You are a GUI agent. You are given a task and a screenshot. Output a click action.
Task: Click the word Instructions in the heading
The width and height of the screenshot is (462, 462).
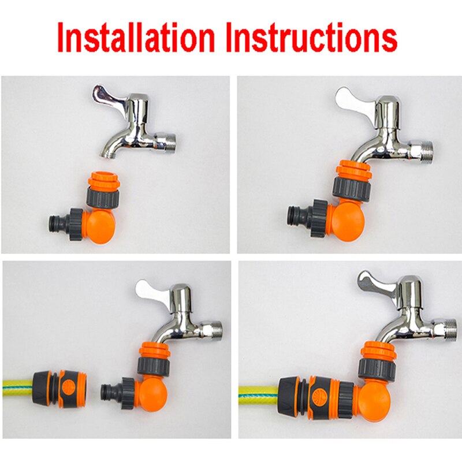pos(312,39)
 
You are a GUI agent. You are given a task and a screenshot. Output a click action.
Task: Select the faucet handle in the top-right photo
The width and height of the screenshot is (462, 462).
pos(352,98)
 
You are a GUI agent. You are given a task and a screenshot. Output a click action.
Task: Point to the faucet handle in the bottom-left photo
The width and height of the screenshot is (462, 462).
pos(152,289)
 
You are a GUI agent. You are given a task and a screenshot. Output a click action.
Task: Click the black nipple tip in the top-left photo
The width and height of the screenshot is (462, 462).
pos(55,222)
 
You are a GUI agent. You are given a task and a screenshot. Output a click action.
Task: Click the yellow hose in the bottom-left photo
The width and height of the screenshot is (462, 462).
pos(17,384)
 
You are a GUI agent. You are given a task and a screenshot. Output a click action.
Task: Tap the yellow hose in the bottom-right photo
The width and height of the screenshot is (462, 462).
pos(257,393)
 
